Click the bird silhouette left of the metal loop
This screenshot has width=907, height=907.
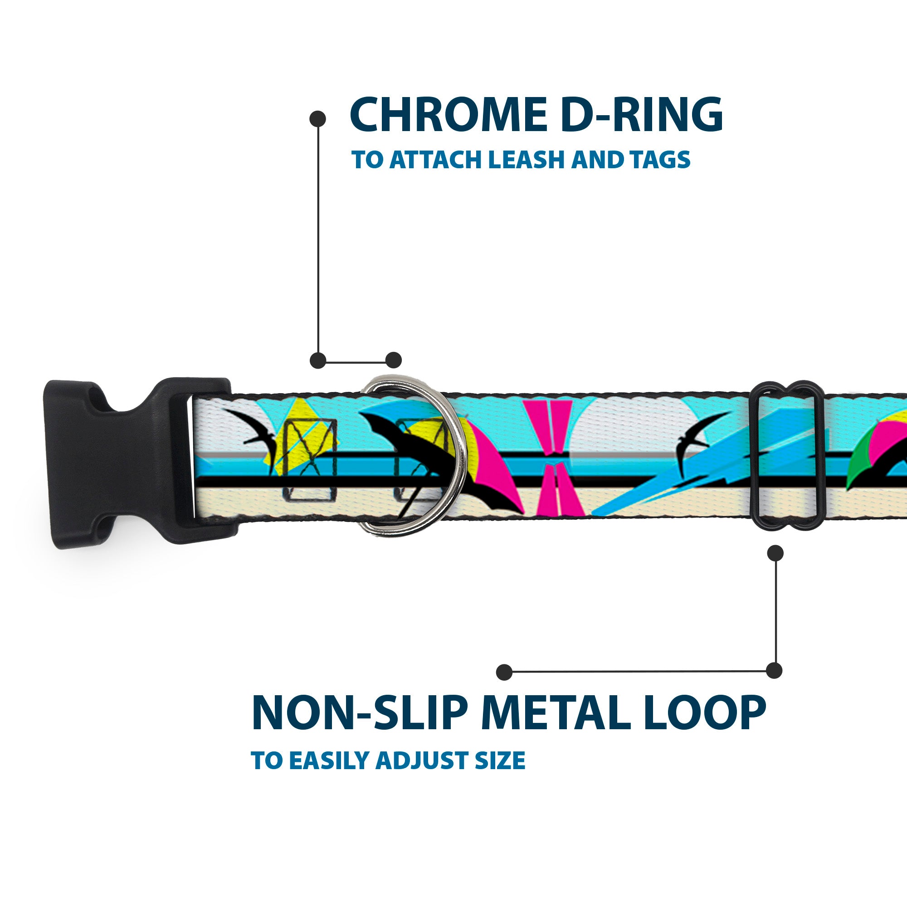coord(695,437)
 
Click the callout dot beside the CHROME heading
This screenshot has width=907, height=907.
coord(318,119)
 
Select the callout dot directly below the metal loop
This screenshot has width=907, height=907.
coord(775,553)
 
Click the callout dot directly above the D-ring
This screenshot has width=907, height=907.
coord(393,360)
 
